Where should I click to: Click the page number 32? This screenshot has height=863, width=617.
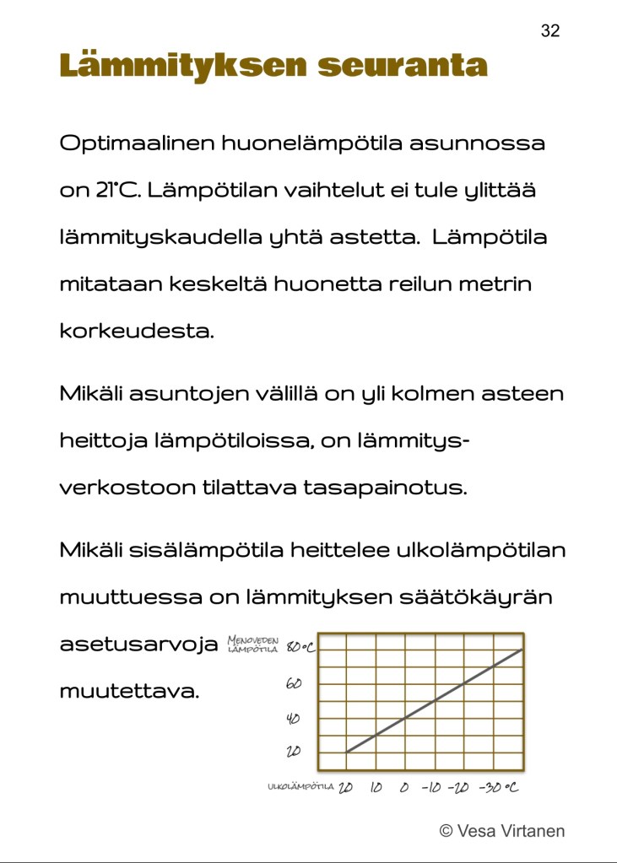point(549,31)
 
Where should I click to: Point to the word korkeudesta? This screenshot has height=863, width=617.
point(137,331)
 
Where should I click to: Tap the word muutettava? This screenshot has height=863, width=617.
point(129,692)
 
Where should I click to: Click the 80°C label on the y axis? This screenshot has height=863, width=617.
point(300,648)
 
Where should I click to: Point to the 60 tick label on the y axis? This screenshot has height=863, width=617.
point(294,683)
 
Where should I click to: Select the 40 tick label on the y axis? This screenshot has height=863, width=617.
point(294,719)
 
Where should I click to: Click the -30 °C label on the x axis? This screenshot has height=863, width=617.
point(498,788)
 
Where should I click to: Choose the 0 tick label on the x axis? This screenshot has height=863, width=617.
point(404,788)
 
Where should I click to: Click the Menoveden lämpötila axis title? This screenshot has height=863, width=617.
point(253,646)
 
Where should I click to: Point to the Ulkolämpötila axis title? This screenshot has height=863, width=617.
point(300,788)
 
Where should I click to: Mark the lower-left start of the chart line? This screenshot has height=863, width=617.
point(347,751)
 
